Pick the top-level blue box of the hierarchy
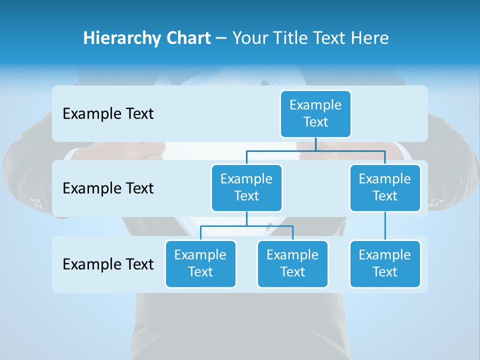click(315, 113)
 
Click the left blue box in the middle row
click(246, 187)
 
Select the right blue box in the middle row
click(385, 187)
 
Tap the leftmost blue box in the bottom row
click(200, 263)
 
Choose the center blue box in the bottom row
click(292, 263)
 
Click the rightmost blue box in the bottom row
click(385, 263)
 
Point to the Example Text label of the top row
click(108, 114)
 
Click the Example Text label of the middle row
click(108, 188)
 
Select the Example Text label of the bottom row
click(108, 264)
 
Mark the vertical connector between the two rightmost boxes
click(385, 226)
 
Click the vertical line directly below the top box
click(315, 143)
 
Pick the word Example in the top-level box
click(315, 105)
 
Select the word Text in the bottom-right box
click(385, 272)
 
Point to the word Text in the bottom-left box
click(200, 272)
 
